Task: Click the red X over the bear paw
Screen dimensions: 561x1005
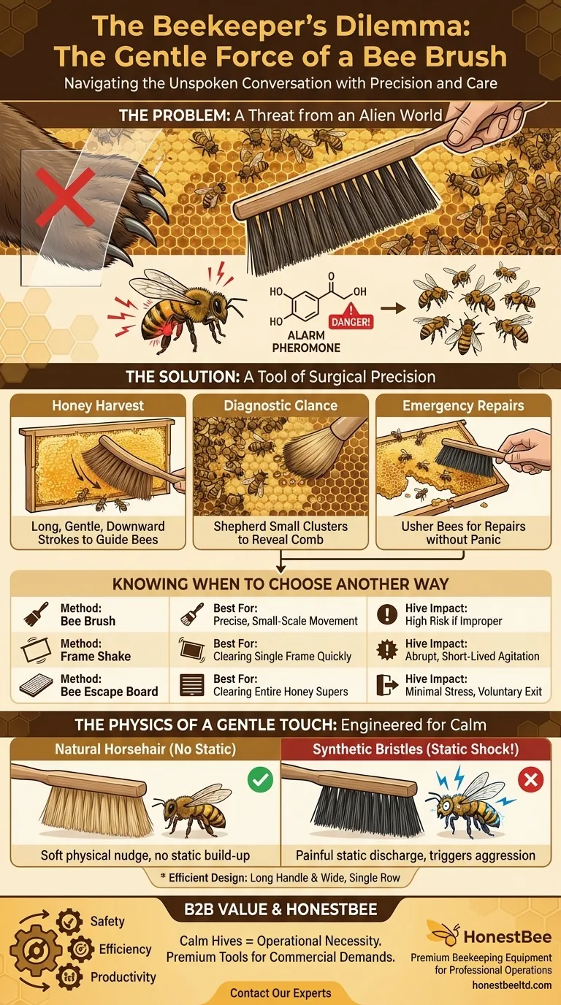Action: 66,197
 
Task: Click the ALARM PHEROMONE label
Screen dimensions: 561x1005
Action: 306,341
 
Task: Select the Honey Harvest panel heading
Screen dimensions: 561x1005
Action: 98,405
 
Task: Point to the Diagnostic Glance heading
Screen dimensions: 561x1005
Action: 280,405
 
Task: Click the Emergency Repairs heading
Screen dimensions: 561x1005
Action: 463,405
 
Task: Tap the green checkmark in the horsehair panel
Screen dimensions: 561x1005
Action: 260,780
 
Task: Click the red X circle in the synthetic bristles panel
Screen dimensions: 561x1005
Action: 530,780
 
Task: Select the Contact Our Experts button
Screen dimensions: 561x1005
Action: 280,993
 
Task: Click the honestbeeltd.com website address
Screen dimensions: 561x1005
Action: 511,985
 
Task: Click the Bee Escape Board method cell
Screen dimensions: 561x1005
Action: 90,685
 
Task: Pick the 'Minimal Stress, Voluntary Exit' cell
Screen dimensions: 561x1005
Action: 459,685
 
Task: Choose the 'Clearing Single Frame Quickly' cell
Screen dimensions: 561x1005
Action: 268,650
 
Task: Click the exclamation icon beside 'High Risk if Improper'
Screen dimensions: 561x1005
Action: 387,614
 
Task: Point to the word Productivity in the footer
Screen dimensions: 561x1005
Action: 123,977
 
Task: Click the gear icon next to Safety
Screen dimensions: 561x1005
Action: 69,921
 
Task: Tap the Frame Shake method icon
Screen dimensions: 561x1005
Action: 36,649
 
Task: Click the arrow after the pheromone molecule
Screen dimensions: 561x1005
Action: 393,308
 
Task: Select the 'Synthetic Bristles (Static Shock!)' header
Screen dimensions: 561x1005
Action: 416,749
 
